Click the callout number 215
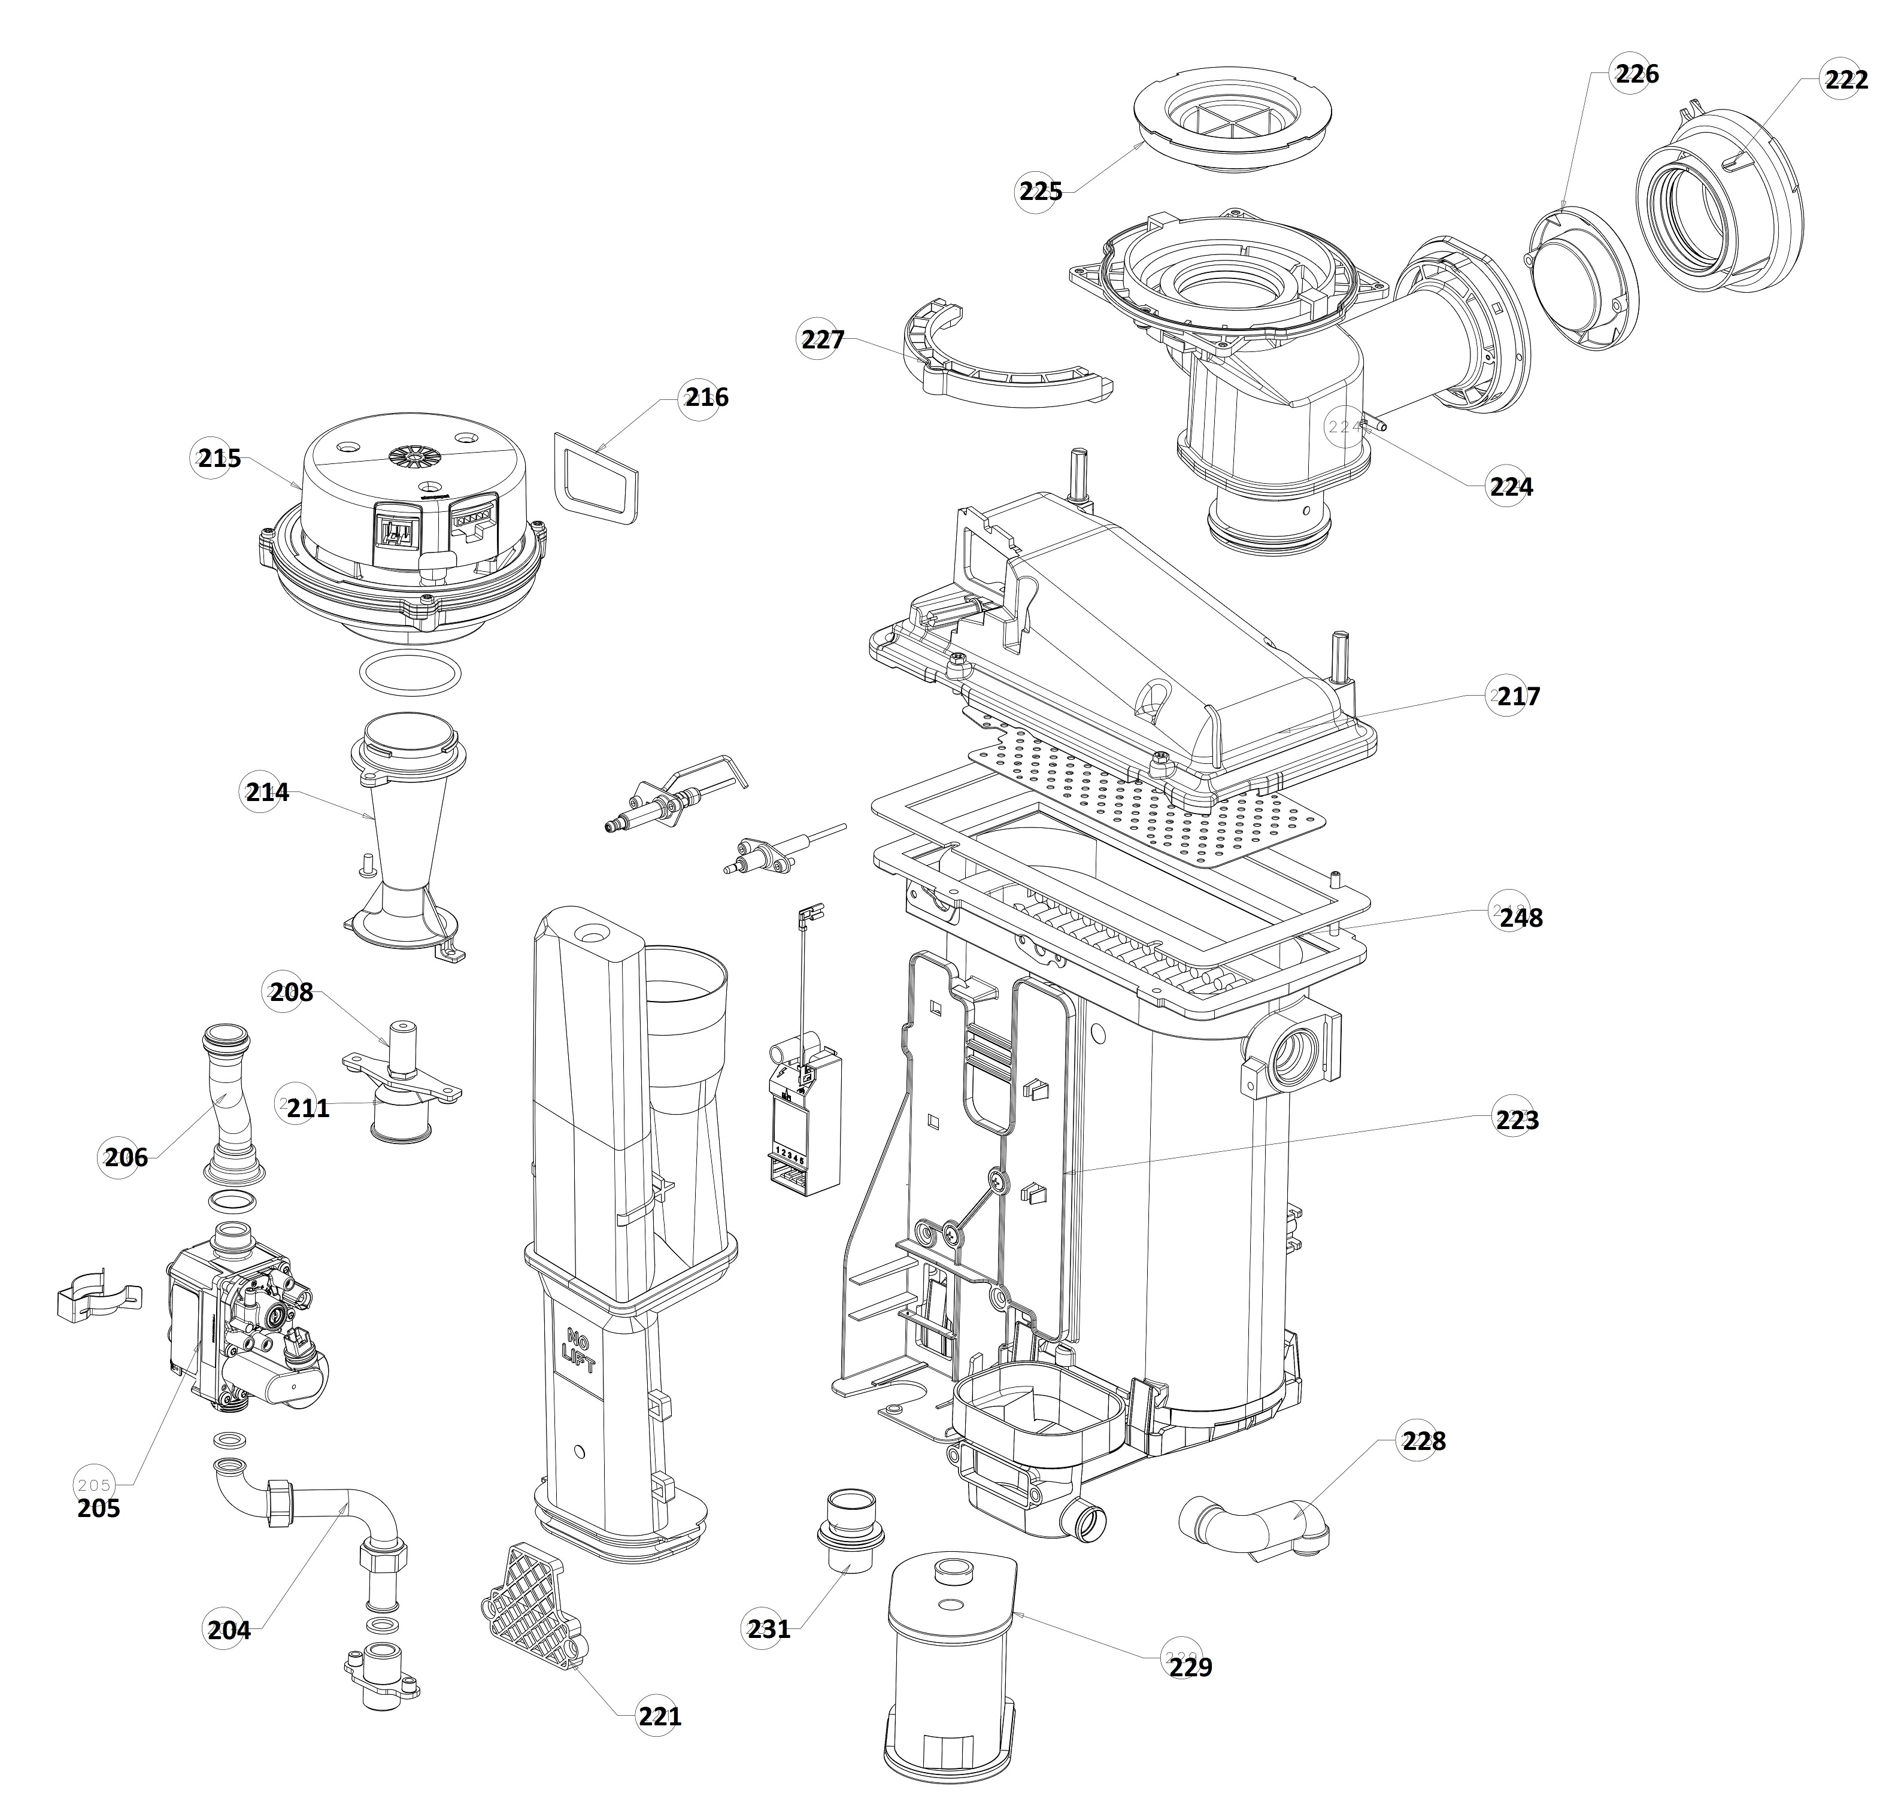[219, 459]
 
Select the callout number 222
[1845, 80]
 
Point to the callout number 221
[660, 1716]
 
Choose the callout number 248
[1520, 917]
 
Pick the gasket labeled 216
[596, 479]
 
